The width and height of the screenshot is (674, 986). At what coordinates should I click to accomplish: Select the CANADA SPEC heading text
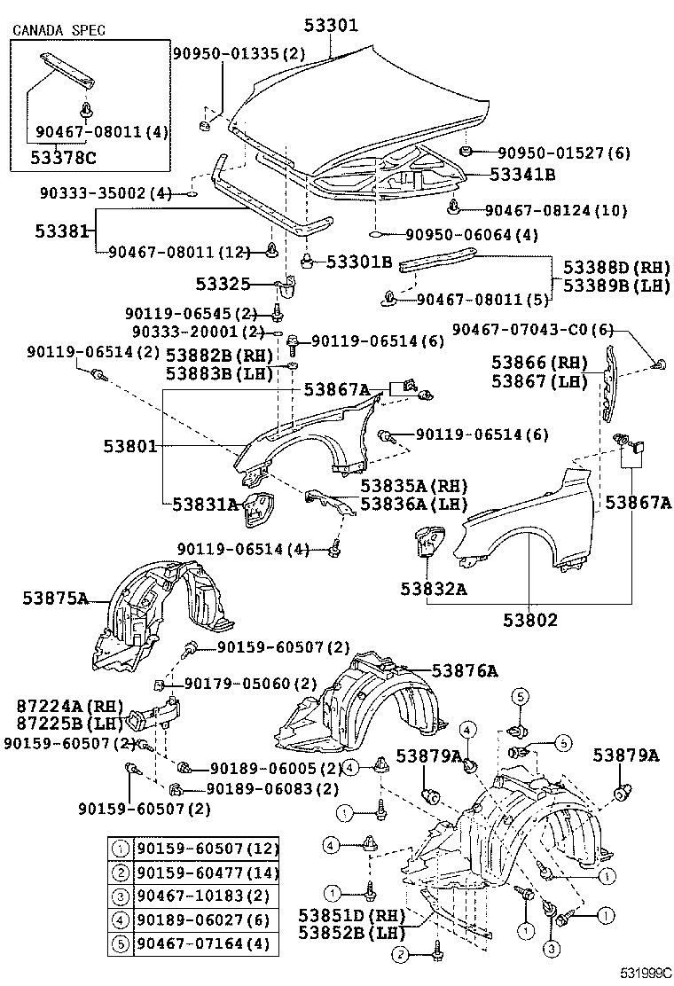pyautogui.click(x=59, y=30)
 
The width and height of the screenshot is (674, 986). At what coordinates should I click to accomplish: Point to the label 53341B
pyautogui.click(x=522, y=175)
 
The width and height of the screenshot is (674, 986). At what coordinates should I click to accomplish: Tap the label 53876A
pyautogui.click(x=465, y=671)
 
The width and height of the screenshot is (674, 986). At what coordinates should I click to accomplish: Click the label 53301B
pyautogui.click(x=358, y=262)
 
